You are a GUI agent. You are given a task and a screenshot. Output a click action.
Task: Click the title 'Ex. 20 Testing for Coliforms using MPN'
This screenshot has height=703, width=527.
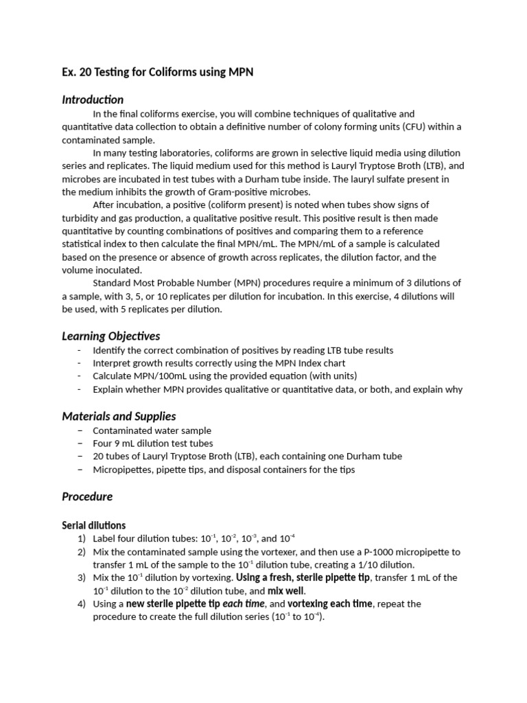(158, 72)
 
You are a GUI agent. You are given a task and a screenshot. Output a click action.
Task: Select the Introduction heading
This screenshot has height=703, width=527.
(93, 100)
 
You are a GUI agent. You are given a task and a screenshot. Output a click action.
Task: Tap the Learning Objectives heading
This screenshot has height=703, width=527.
(110, 336)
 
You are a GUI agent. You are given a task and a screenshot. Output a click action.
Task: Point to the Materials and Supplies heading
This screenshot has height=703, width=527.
(119, 416)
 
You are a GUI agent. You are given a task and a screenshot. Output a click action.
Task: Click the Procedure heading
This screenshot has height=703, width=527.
(87, 496)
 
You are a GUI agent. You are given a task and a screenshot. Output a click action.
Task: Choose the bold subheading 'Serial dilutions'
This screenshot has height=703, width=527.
(94, 525)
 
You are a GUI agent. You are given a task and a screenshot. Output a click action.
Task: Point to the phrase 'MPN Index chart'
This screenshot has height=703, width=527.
(312, 362)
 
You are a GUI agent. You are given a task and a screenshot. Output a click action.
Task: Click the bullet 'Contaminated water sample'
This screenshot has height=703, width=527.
(152, 430)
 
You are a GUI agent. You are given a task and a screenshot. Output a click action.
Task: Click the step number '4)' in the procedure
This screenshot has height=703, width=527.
(82, 603)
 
